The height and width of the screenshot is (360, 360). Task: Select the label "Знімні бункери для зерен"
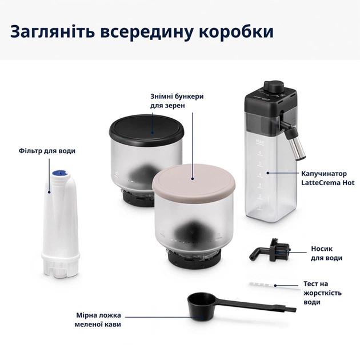point(177,101)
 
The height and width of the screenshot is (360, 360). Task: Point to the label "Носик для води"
point(326,253)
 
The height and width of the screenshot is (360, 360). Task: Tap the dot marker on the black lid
point(152,133)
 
